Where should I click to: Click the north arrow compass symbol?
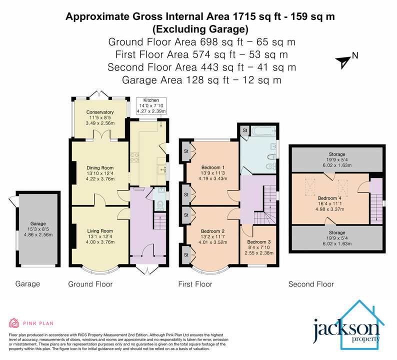coord(343,61)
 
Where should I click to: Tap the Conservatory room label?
coord(100,112)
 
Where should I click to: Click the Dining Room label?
coord(99,168)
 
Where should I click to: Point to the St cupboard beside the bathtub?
coord(245,130)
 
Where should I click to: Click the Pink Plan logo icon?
coord(14,322)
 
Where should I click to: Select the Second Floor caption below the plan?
coord(311,284)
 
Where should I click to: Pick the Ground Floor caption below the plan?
coord(90,284)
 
